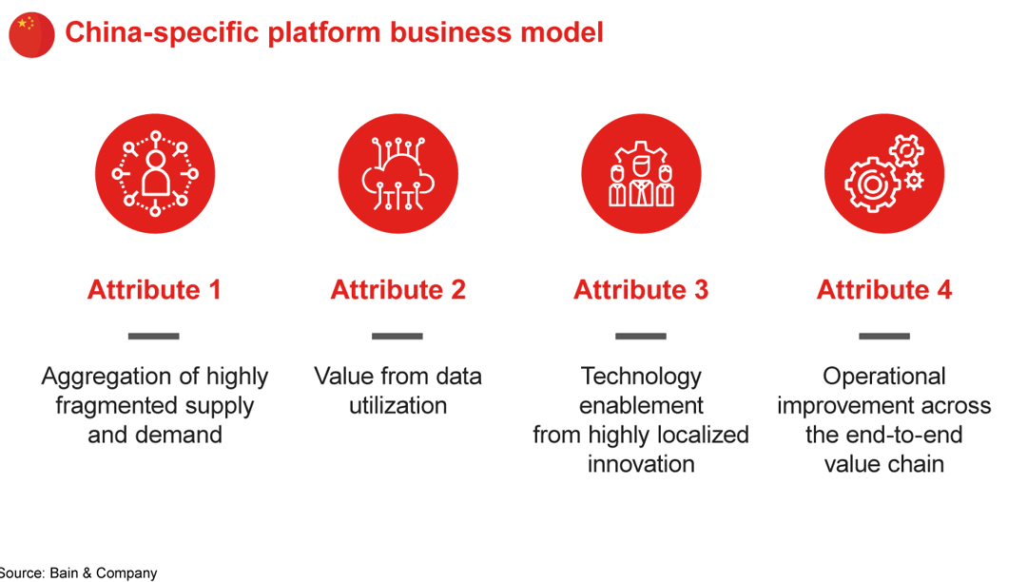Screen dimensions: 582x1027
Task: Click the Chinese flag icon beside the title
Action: coord(31,35)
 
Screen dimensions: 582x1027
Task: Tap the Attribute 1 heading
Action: coord(154,290)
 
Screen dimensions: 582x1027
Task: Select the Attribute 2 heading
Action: coord(397,290)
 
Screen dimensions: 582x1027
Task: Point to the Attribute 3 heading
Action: coord(641,290)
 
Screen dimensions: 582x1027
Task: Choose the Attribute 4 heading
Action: coord(884,290)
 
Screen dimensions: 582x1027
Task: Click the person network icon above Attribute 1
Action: coord(155,174)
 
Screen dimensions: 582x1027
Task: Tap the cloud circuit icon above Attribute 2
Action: coord(397,174)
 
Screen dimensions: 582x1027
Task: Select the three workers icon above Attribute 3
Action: coord(641,174)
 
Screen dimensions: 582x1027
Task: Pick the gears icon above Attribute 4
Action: coord(884,174)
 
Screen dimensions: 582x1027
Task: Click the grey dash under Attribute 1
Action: coord(154,336)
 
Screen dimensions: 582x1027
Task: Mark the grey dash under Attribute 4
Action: coord(884,336)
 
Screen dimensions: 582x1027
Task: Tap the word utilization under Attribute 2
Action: coord(397,406)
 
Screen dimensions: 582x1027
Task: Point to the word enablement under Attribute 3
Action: coord(641,406)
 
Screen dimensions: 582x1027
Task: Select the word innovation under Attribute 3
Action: coord(641,464)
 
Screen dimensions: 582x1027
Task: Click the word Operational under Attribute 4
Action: coord(884,377)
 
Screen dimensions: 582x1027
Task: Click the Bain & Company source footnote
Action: coord(78,573)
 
